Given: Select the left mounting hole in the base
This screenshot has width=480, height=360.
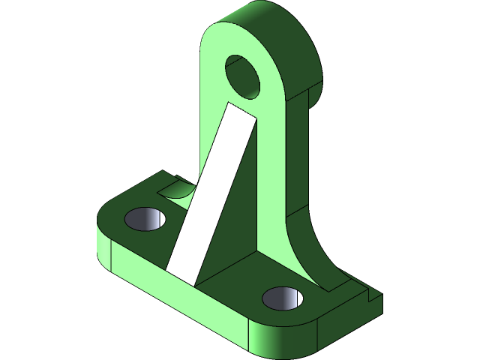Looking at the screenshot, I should click(x=145, y=219).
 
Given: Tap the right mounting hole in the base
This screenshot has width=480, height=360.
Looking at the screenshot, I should click(x=283, y=298).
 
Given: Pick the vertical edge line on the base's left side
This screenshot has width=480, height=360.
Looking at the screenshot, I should click(x=112, y=255).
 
